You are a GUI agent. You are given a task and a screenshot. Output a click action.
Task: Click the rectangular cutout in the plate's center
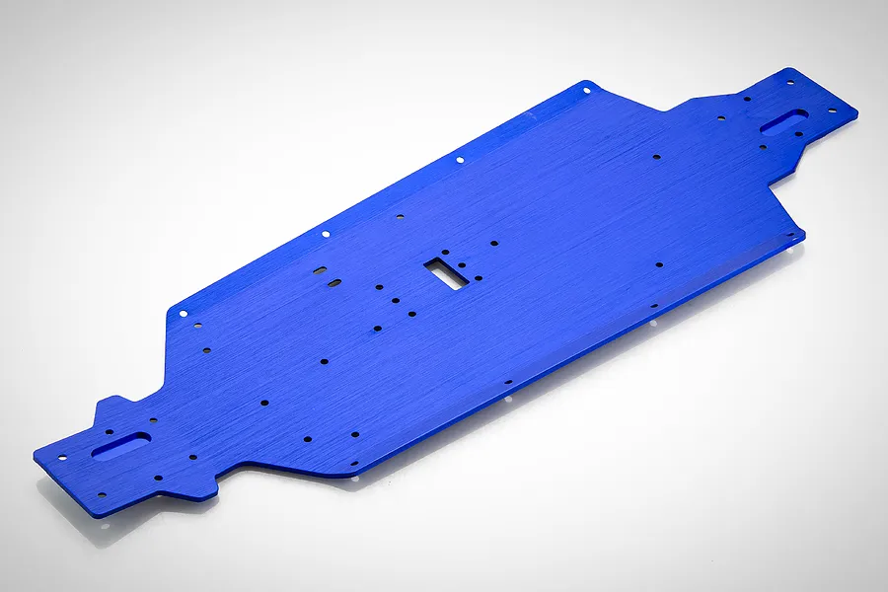(447, 270)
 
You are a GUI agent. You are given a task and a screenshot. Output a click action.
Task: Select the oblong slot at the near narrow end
(121, 446)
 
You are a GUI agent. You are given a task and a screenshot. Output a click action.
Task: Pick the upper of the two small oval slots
(320, 268)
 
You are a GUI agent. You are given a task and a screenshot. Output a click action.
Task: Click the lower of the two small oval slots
(334, 283)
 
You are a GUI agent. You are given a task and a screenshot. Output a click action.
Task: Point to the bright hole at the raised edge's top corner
(585, 90)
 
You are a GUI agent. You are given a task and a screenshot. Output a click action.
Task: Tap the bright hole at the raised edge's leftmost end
(183, 312)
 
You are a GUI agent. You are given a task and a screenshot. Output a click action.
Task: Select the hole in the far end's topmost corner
(789, 83)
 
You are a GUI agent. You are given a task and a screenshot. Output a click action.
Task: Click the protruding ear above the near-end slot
(111, 407)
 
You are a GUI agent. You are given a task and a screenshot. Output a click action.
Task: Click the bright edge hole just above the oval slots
(326, 234)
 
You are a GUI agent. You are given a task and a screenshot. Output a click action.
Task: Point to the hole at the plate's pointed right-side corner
(788, 235)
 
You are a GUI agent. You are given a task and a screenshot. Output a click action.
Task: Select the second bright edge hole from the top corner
(460, 159)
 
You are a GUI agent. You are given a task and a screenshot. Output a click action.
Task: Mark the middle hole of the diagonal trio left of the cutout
(395, 299)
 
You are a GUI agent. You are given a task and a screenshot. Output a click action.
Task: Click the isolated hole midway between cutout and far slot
(657, 156)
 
